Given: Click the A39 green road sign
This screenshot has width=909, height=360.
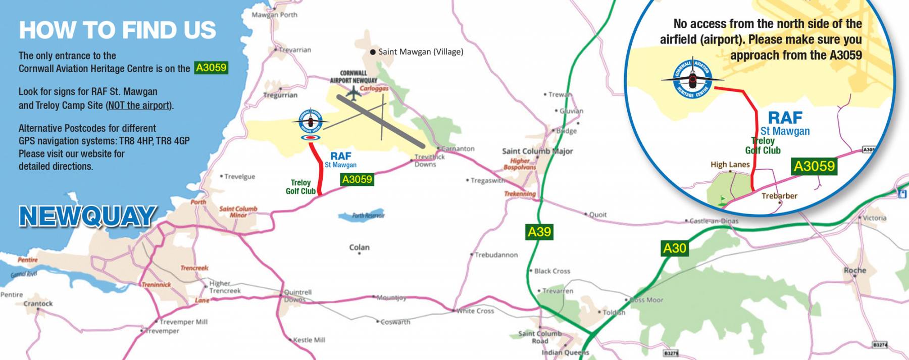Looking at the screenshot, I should (x=539, y=232).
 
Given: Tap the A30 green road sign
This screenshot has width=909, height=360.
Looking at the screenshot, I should (x=675, y=248).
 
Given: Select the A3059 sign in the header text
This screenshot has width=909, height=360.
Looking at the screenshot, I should (x=211, y=68).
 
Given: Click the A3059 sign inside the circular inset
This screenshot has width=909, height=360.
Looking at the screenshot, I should (x=814, y=166).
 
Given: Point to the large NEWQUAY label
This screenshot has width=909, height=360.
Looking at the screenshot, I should (x=87, y=216).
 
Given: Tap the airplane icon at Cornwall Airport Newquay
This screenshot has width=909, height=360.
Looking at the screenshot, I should (x=352, y=92).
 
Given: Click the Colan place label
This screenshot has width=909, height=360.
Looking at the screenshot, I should (x=359, y=247).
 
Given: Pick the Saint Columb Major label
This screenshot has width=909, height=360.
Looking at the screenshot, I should (x=537, y=151).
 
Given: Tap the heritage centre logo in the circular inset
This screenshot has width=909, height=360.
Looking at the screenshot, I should (x=692, y=79).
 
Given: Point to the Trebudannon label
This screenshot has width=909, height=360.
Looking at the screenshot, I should (x=496, y=255).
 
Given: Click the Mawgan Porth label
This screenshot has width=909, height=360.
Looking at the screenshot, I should (x=274, y=15).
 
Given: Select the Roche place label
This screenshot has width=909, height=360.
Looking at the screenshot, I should (x=854, y=271).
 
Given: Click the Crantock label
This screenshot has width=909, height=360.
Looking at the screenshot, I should (x=38, y=303).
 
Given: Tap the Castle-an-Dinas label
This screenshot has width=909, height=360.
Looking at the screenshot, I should (x=713, y=221).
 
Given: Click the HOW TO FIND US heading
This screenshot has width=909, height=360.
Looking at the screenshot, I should (x=118, y=30).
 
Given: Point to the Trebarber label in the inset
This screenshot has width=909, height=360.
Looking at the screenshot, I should (x=779, y=196).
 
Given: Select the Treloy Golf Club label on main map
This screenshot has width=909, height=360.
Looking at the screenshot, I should (x=300, y=187).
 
